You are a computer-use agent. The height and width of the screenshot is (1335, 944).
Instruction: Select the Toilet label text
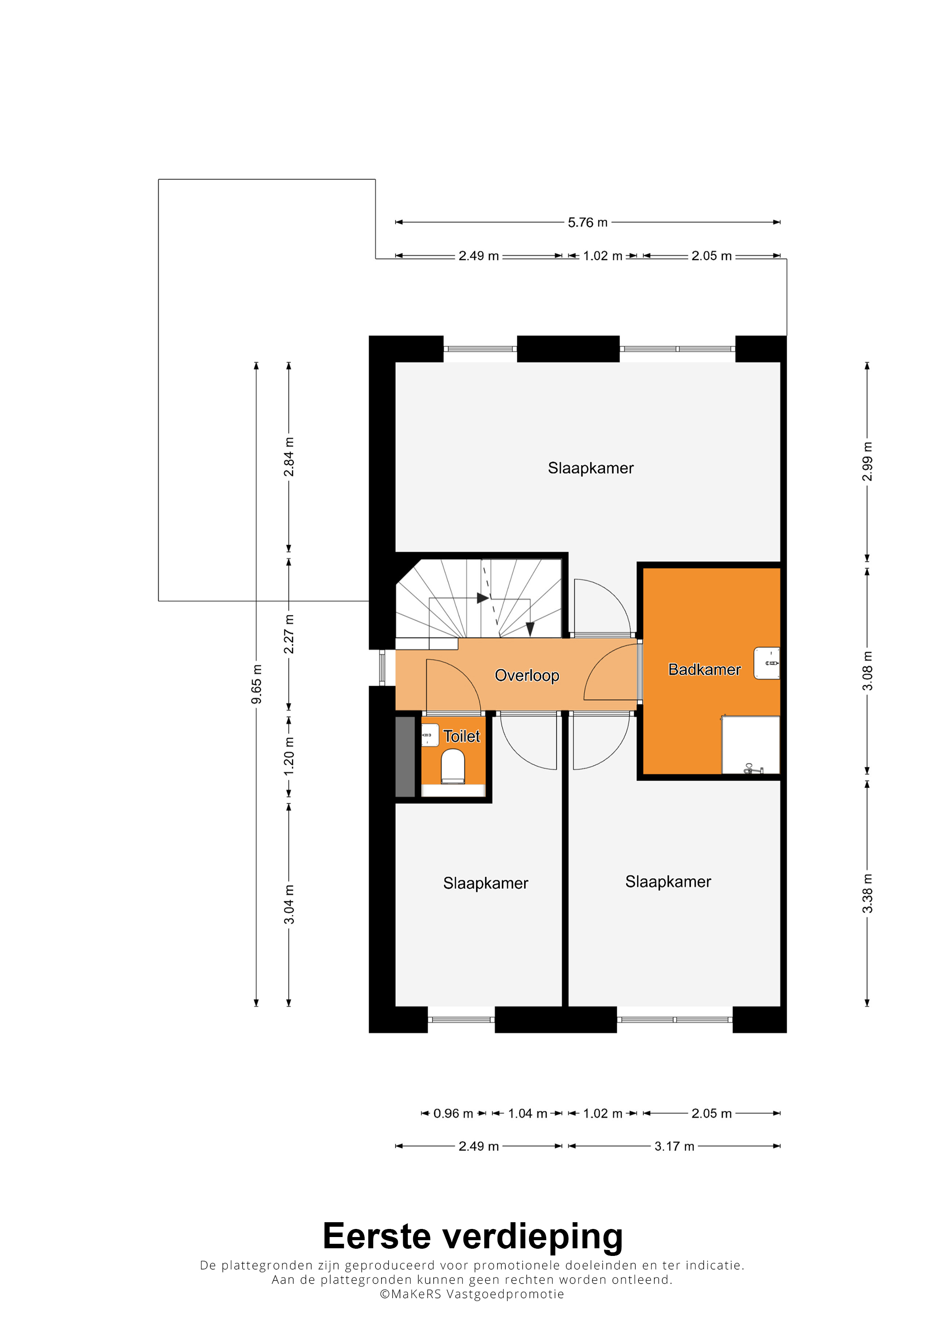pyautogui.click(x=461, y=736)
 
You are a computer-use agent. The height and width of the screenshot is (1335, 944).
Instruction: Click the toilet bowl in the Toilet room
pyautogui.click(x=453, y=766)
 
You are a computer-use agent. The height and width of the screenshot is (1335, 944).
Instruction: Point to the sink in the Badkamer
pyautogui.click(x=766, y=663)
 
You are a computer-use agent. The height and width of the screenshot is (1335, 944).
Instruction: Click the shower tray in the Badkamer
pyautogui.click(x=750, y=745)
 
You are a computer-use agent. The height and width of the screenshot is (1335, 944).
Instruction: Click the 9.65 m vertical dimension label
pyautogui.click(x=256, y=684)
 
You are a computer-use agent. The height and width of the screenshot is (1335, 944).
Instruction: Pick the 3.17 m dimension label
pyautogui.click(x=674, y=1146)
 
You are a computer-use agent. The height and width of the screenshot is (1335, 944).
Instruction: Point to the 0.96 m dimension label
pyautogui.click(x=453, y=1113)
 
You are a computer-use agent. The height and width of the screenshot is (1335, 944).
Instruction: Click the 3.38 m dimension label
pyautogui.click(x=867, y=893)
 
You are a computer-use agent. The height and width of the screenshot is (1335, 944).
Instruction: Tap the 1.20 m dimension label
pyautogui.click(x=289, y=756)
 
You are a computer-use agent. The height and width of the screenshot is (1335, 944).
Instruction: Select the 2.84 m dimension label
pyautogui.click(x=289, y=457)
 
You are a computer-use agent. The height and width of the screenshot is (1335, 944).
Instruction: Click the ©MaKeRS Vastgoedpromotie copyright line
pyautogui.click(x=472, y=1294)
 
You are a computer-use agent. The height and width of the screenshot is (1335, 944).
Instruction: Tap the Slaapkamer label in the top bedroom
pyautogui.click(x=590, y=468)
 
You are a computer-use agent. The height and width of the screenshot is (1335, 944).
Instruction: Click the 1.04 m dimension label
pyautogui.click(x=528, y=1113)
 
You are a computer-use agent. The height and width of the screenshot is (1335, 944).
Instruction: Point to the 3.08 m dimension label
pyautogui.click(x=867, y=670)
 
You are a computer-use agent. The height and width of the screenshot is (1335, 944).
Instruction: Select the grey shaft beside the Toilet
pyautogui.click(x=405, y=756)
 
